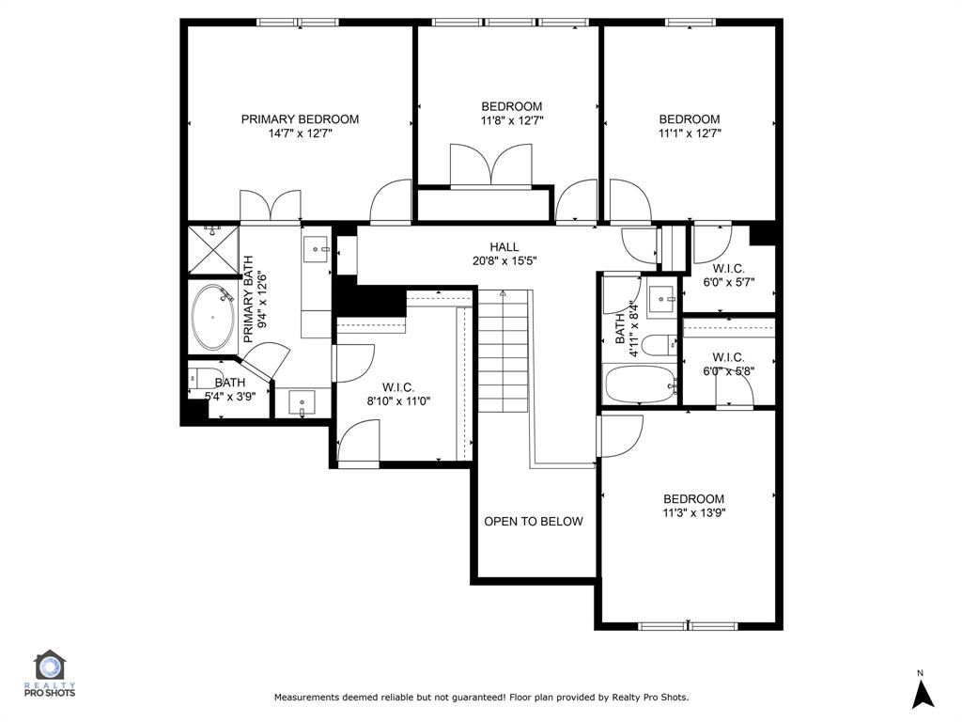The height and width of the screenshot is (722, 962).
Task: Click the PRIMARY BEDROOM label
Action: (x=300, y=119)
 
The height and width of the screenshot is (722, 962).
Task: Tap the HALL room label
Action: (x=504, y=247)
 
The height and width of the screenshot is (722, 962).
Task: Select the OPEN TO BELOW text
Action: (x=534, y=521)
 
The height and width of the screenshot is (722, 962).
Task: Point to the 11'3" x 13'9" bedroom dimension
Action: (x=694, y=512)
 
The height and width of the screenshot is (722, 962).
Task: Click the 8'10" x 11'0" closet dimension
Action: (x=398, y=400)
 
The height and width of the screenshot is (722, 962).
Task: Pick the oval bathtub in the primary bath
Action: (x=212, y=318)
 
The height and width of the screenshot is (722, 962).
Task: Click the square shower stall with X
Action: (x=212, y=250)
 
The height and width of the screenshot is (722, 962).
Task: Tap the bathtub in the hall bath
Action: (x=641, y=385)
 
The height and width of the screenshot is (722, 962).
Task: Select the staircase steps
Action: (x=503, y=352)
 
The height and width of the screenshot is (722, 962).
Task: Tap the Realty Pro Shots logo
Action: (x=50, y=674)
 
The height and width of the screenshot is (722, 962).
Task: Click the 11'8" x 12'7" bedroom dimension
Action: (x=512, y=120)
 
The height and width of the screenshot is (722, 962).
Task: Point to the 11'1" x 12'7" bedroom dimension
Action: (x=690, y=133)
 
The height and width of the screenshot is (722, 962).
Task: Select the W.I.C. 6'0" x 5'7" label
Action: (x=729, y=275)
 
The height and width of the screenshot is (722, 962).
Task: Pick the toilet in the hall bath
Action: (x=660, y=345)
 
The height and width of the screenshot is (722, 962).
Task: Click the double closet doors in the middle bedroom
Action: (x=490, y=165)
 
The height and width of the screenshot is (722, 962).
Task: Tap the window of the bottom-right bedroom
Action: (x=688, y=626)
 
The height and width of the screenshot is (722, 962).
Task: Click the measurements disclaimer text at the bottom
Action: (x=481, y=698)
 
